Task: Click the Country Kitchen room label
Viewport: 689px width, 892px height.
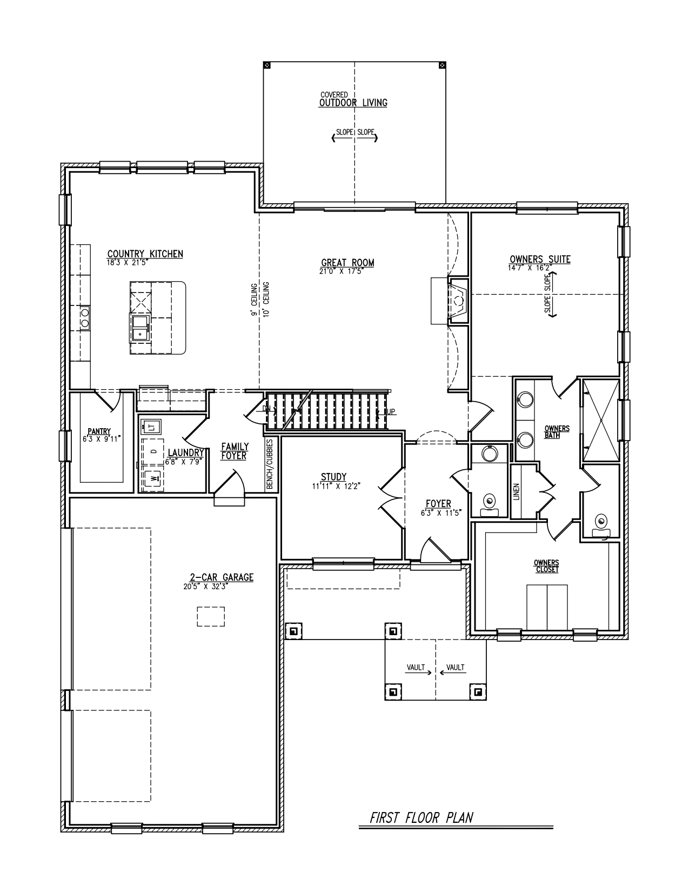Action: [x=145, y=254]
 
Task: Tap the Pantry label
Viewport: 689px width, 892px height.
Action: [x=99, y=431]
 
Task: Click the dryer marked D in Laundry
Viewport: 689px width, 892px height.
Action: [x=153, y=451]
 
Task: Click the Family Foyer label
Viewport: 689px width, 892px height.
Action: [x=235, y=451]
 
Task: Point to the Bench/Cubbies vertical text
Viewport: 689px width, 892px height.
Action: [x=270, y=464]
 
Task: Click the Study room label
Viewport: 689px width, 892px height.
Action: [x=333, y=477]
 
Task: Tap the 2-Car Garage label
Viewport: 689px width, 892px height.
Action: [x=221, y=577]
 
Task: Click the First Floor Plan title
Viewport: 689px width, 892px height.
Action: [x=421, y=817]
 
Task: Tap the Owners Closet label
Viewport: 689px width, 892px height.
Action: [x=546, y=566]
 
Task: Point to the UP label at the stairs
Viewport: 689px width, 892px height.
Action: [x=390, y=412]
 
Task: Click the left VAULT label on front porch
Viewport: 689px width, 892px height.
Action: [x=416, y=668]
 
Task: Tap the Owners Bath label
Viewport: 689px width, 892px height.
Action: [x=557, y=432]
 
